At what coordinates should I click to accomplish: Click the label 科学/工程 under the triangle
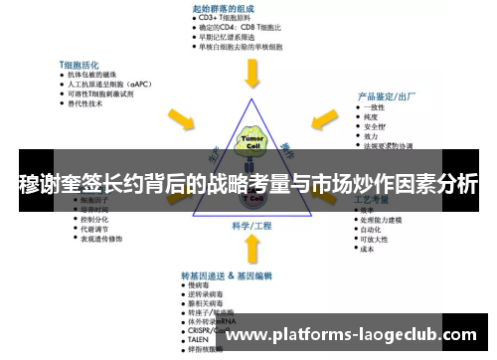(250, 226)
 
